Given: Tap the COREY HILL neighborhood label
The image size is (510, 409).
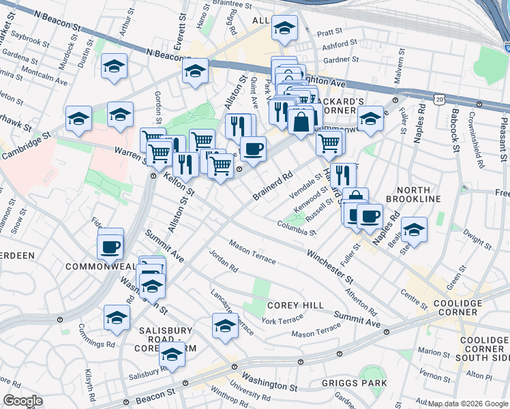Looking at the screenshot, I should pos(295,305).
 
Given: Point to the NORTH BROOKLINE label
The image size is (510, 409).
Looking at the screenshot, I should pos(408,194).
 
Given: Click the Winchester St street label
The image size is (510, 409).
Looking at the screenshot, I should pos(329,267).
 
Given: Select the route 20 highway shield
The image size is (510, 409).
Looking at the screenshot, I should pos(440,100).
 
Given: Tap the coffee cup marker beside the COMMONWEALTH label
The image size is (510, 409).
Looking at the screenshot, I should pos(110,246).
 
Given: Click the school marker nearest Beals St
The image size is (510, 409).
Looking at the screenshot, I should pos(414,230).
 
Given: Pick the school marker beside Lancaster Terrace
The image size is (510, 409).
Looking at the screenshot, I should pos(225,326).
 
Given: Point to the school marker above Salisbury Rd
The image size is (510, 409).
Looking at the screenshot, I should pos(172,354).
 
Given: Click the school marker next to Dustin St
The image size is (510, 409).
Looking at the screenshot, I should pos(115,66).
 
